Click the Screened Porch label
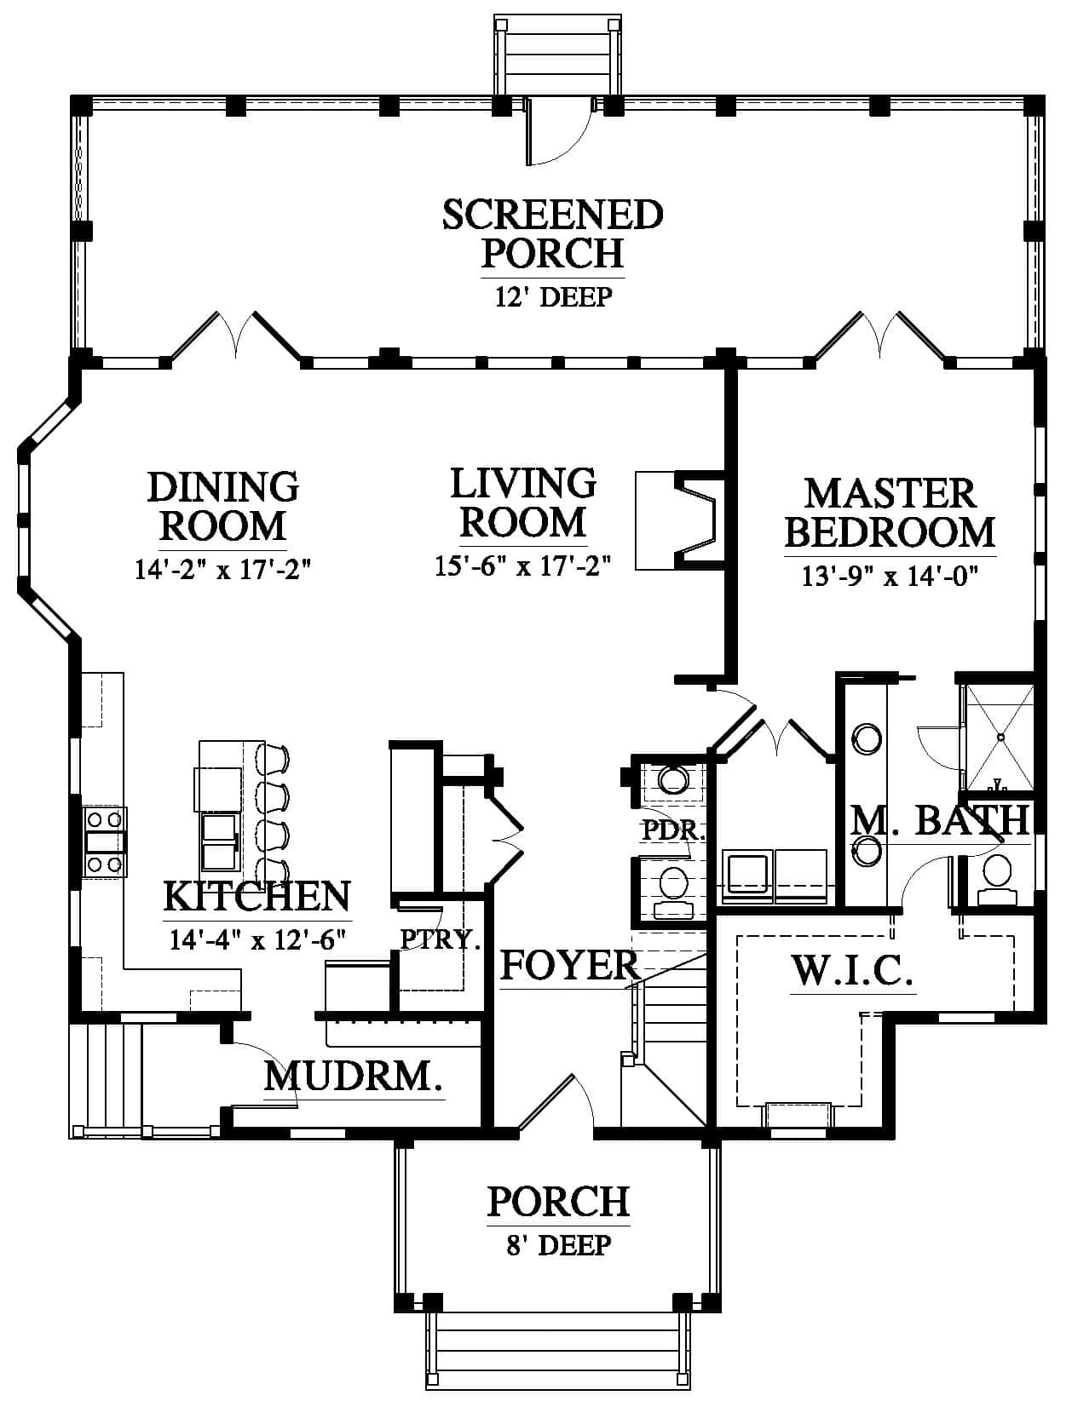[553, 234]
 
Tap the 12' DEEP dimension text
[553, 296]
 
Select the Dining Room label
[223, 507]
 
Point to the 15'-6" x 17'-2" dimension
[522, 566]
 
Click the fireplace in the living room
[680, 520]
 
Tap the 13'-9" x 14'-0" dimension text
[890, 577]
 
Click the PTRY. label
[441, 939]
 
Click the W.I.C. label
[852, 970]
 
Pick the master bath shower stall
[998, 738]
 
